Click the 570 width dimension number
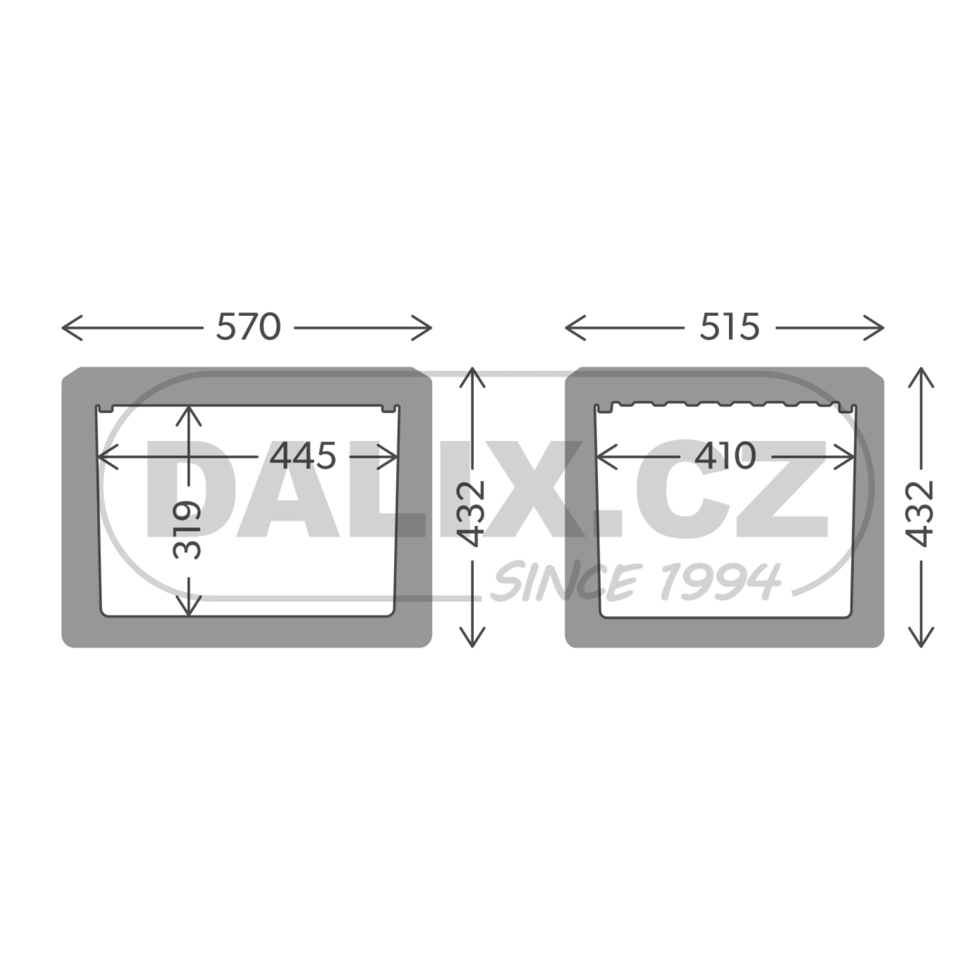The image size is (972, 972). coord(248,327)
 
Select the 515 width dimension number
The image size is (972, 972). coord(729,327)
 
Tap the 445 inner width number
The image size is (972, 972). coord(303,456)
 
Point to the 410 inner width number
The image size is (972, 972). coord(725,456)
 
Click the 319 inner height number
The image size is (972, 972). coord(187,529)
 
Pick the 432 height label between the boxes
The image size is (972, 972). coord(472,514)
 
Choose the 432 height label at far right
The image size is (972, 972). coord(920,514)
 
